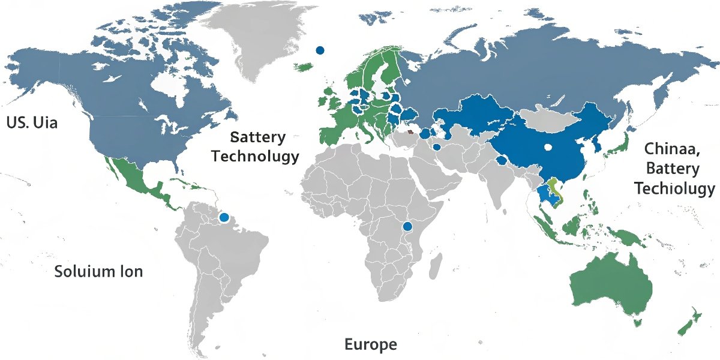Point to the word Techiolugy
click(674, 189)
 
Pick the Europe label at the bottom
click(370, 344)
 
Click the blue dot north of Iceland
click(320, 50)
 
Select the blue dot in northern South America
click(224, 217)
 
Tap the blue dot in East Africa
click(407, 226)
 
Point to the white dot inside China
click(547, 146)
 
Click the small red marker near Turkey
click(410, 132)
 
